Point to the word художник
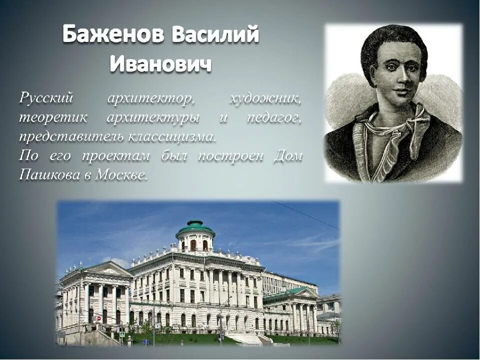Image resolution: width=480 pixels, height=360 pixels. click(265, 98)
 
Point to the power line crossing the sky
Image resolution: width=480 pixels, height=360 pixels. click(305, 215)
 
